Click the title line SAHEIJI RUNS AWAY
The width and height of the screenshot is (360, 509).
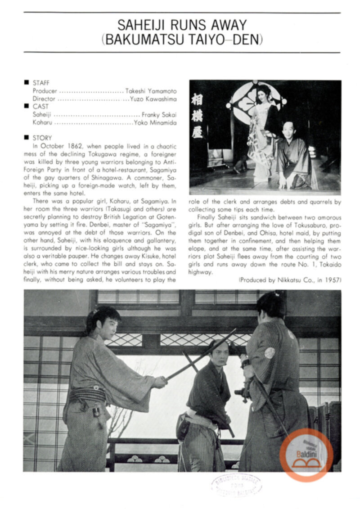pyautogui.click(x=182, y=25)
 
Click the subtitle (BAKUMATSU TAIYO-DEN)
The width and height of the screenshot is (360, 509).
pyautogui.click(x=182, y=39)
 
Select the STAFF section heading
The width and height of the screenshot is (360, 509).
pyautogui.click(x=41, y=83)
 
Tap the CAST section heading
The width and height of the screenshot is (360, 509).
pyautogui.click(x=40, y=107)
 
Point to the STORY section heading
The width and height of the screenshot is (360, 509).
pyautogui.click(x=42, y=138)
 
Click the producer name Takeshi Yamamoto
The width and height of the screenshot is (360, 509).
pyautogui.click(x=151, y=91)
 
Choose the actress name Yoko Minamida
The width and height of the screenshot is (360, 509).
pyautogui.click(x=155, y=122)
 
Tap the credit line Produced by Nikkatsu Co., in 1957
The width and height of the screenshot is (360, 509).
pyautogui.click(x=290, y=280)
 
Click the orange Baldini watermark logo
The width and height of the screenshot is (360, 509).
pyautogui.click(x=306, y=455)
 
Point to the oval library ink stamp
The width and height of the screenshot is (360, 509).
pyautogui.click(x=236, y=485)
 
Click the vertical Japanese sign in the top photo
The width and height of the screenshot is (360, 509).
pyautogui.click(x=197, y=116)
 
